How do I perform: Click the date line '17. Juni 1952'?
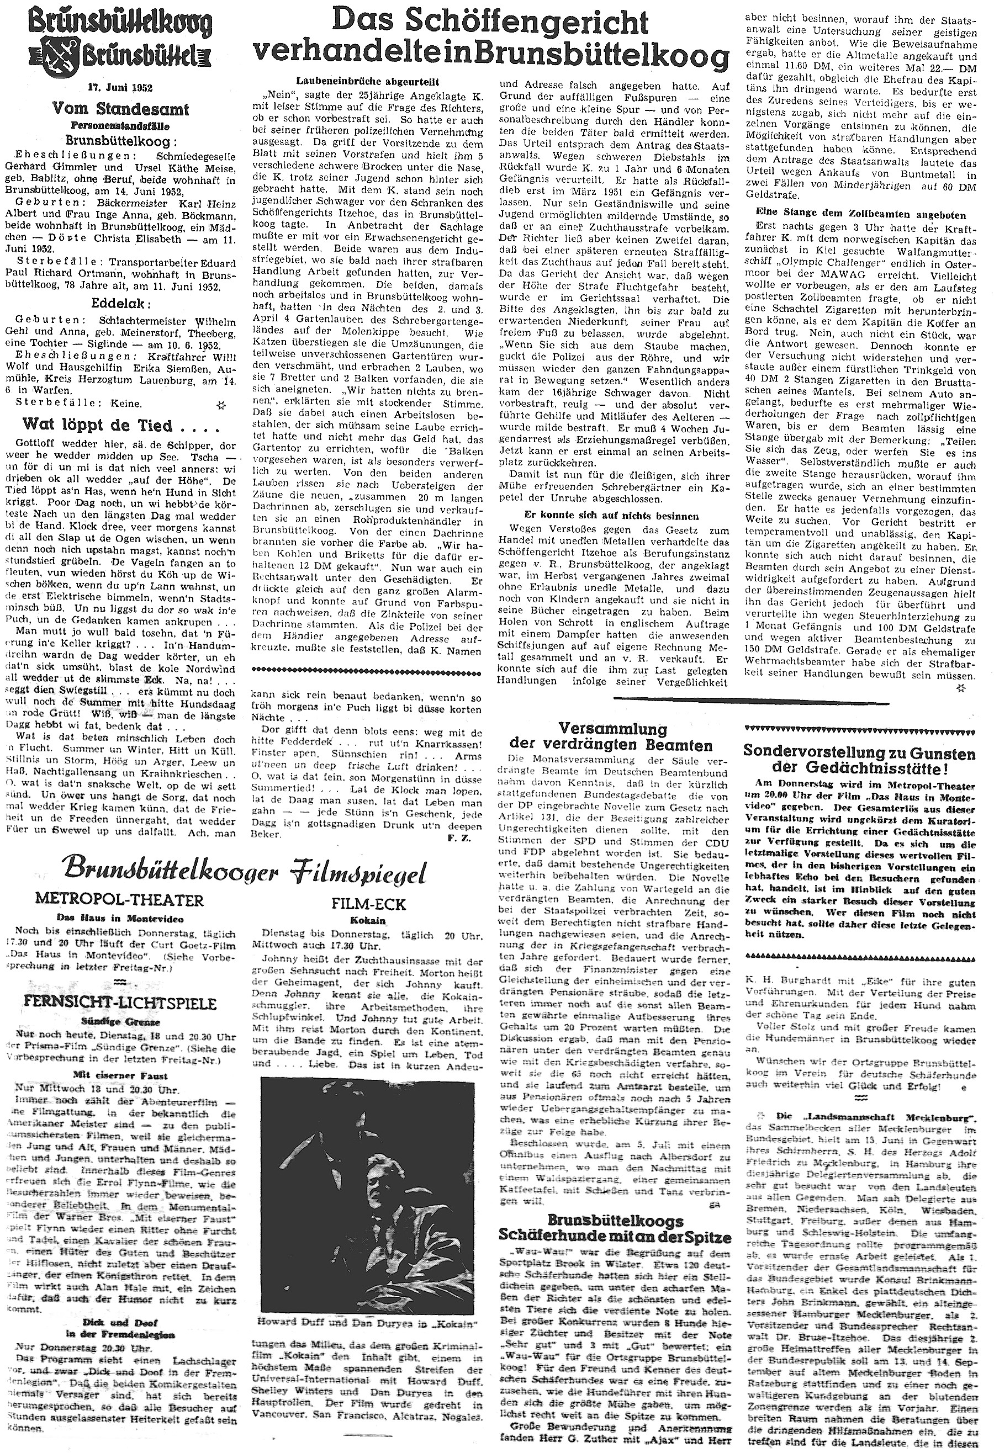click(x=119, y=88)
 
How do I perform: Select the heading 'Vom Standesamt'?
click(x=119, y=109)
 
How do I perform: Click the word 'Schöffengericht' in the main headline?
click(x=489, y=22)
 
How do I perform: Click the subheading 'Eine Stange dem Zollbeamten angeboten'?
click(x=861, y=216)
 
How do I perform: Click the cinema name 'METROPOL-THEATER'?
click(x=120, y=900)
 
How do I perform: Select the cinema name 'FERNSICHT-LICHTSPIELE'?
click(x=119, y=1004)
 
